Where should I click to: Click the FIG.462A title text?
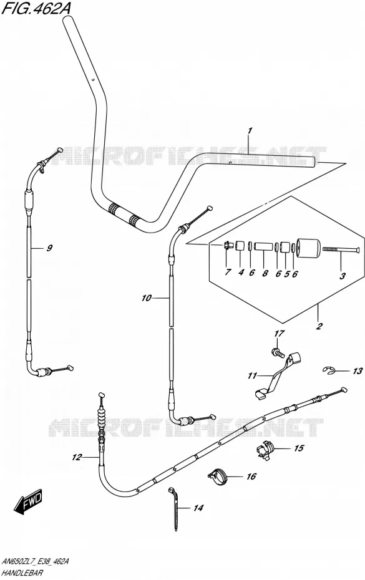(x=36, y=8)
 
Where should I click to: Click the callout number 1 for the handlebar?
(x=250, y=130)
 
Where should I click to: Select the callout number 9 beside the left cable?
(x=49, y=248)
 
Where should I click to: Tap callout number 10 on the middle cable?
(x=147, y=297)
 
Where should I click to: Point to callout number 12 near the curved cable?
(x=77, y=458)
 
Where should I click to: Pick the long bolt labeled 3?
(x=341, y=250)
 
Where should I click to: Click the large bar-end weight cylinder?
(x=308, y=249)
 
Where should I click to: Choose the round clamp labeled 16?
(x=219, y=475)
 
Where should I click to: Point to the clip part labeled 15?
(x=265, y=450)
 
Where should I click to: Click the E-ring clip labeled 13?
(x=328, y=370)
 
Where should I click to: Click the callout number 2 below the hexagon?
(x=319, y=326)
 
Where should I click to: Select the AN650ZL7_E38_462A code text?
(x=35, y=562)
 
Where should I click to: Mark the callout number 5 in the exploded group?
(x=286, y=274)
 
